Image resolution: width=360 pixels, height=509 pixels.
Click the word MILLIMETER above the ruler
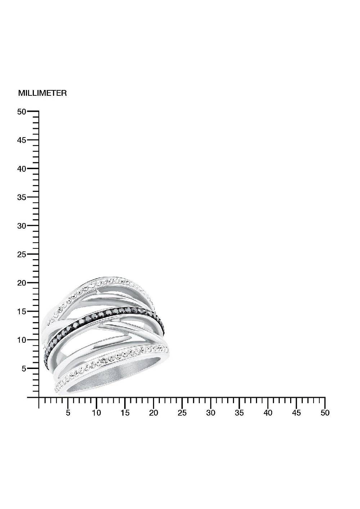click(42, 93)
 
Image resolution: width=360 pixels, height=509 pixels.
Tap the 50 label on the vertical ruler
click(22, 112)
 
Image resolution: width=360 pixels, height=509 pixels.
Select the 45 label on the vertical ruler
click(22, 140)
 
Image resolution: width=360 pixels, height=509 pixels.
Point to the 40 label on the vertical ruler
click(22, 169)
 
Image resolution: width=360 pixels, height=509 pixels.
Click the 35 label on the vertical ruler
click(22, 197)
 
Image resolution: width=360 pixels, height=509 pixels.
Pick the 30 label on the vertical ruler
click(22, 226)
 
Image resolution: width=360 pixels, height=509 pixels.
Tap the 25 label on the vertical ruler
click(22, 254)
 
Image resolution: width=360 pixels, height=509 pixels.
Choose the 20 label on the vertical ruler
click(22, 283)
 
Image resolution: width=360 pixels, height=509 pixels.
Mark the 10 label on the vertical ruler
click(22, 340)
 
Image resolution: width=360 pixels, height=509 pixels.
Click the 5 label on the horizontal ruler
click(68, 413)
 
